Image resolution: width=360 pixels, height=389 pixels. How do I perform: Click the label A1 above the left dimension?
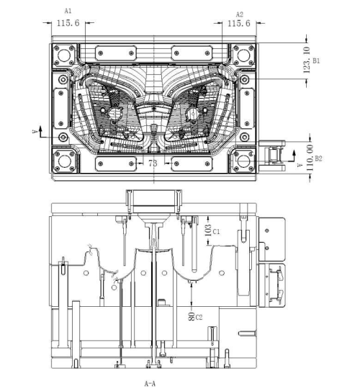coord(68,11)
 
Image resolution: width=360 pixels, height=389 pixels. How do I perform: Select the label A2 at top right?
coord(240,14)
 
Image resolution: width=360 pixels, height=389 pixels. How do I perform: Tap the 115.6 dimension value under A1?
coord(68,23)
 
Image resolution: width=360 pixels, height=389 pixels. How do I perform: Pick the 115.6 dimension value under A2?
coord(239,23)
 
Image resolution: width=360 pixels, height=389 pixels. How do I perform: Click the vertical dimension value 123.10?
coord(307,60)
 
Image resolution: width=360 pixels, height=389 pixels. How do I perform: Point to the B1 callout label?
coord(316,61)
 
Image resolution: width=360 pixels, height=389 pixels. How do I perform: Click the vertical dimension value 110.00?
coord(310,158)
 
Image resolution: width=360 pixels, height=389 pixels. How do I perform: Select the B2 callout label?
coord(318,158)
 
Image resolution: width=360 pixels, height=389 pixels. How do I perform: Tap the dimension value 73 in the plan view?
coord(153,163)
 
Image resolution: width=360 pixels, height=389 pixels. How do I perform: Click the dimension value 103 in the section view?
coord(208,231)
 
